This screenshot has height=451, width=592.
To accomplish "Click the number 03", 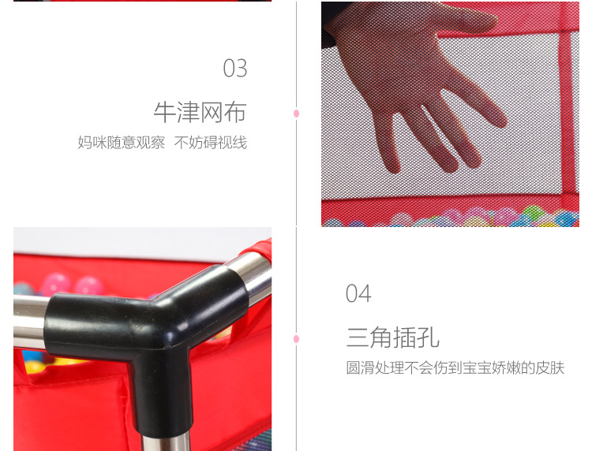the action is click(x=235, y=69).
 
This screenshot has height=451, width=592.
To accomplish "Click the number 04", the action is click(x=358, y=293).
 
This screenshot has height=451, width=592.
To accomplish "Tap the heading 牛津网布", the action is click(x=200, y=112).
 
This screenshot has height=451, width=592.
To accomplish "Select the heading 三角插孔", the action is click(x=392, y=337).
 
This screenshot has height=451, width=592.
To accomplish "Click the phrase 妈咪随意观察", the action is click(x=122, y=143).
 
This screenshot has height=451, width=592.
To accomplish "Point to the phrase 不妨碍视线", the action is click(x=211, y=143).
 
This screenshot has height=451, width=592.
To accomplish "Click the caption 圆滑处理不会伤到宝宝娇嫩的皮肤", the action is click(x=455, y=367).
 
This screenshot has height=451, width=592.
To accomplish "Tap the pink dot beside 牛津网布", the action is click(x=296, y=114).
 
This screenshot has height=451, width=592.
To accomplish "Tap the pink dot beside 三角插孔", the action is click(x=296, y=339).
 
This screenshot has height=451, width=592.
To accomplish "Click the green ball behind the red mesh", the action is click(x=531, y=212).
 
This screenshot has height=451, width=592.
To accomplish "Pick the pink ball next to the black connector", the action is click(x=88, y=286).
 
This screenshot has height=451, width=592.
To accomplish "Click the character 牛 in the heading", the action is click(x=165, y=112).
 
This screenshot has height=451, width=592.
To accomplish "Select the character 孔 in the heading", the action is click(x=428, y=337).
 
